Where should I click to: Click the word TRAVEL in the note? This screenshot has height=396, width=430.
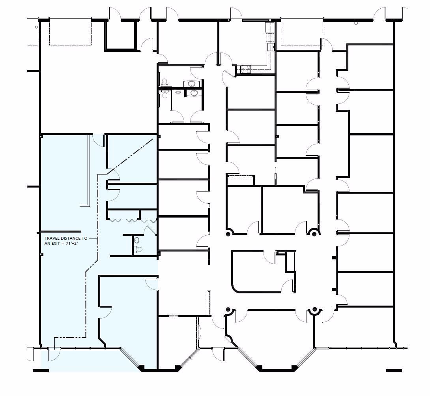[52, 238]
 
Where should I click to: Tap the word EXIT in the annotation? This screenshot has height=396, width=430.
[60, 244]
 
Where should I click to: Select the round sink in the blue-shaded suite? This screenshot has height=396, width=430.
[136, 240]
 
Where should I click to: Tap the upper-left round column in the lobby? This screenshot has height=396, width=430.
[228, 234]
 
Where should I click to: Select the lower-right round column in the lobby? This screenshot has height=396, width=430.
[314, 310]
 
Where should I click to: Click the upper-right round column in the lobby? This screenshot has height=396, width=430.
[314, 234]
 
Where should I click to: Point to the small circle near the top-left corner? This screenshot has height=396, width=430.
[37, 27]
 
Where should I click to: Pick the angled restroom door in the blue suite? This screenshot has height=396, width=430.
[151, 231]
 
